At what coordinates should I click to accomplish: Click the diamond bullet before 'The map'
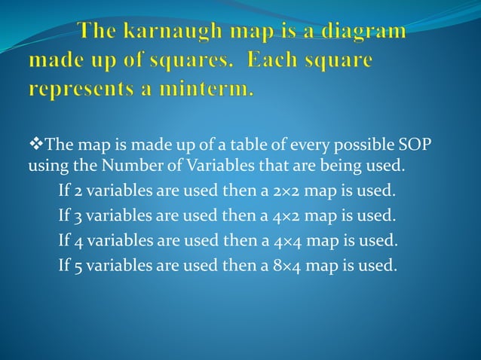[x=34, y=144]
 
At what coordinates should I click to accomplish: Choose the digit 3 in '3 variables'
[x=79, y=215]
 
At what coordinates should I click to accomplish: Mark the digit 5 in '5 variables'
[x=79, y=267]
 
